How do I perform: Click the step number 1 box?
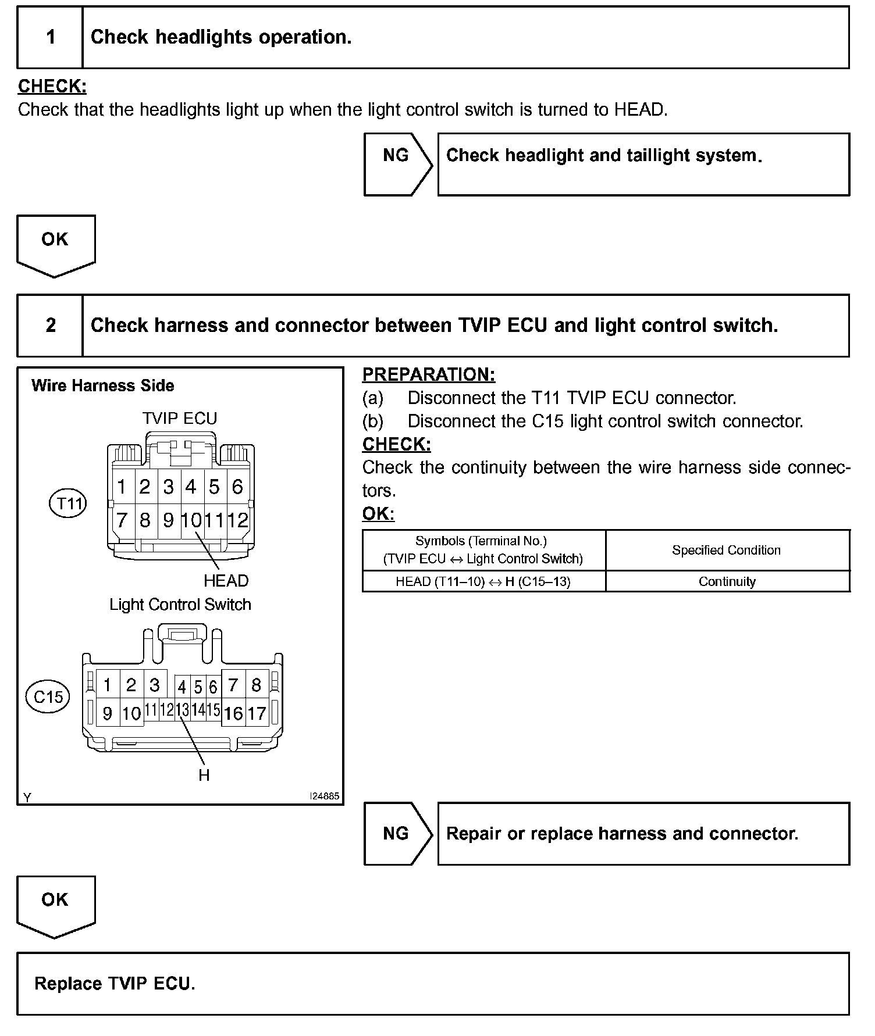point(51,37)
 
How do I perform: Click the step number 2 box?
point(51,325)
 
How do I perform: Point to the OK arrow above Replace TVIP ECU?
point(55,905)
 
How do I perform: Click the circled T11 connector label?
point(68,503)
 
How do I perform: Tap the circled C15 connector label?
point(48,696)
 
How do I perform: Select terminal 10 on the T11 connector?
point(191,520)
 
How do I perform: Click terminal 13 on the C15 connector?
point(182,710)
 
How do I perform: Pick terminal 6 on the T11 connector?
point(237,487)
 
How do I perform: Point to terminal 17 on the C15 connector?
point(257,713)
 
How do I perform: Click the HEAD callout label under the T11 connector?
point(226,581)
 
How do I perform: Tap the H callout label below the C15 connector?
point(204,775)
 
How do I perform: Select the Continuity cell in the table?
point(727,582)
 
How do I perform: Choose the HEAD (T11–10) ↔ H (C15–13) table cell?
point(483,582)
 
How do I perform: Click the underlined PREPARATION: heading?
point(429,374)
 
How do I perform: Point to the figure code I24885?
point(324,796)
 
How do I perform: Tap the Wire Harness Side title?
point(103,385)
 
